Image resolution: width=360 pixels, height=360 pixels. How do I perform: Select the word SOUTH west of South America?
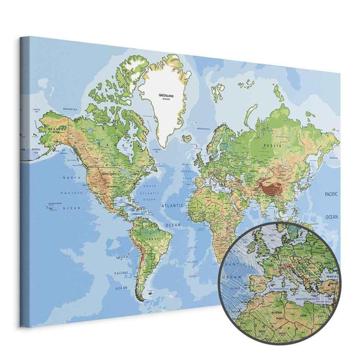(x=122, y=257)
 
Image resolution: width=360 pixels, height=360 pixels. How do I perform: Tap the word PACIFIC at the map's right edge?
(x=331, y=195)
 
